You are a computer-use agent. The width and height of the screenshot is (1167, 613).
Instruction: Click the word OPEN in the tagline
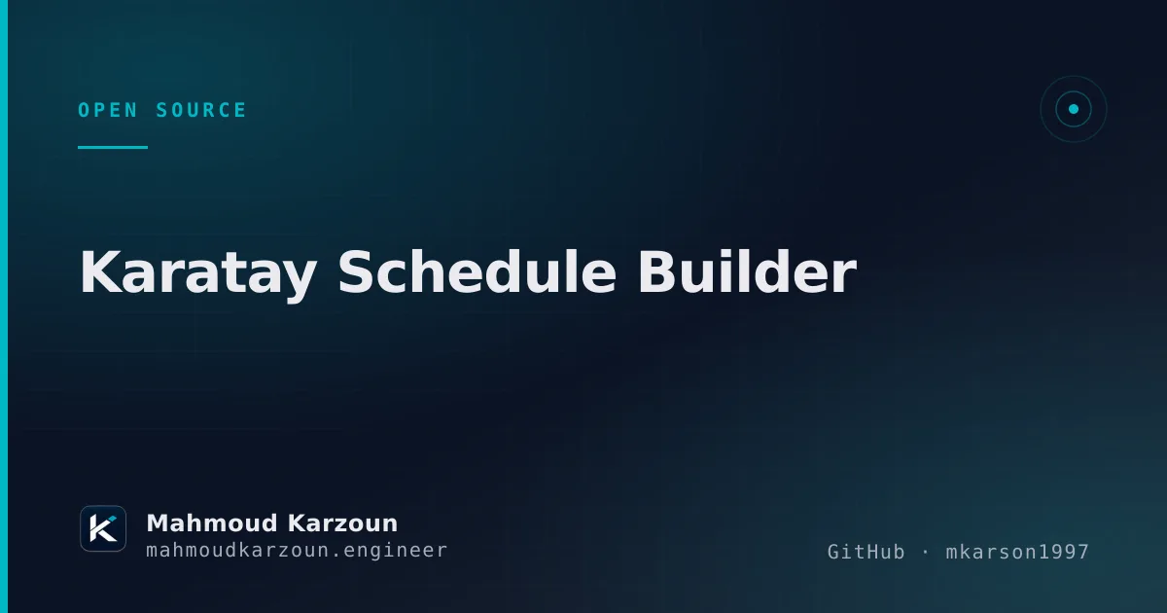pyautogui.click(x=108, y=110)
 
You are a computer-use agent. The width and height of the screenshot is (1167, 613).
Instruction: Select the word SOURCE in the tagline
pyautogui.click(x=201, y=110)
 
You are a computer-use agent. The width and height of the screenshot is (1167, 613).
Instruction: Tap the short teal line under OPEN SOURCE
pyautogui.click(x=113, y=148)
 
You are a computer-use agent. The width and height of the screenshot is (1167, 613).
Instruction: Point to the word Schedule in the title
pyautogui.click(x=477, y=271)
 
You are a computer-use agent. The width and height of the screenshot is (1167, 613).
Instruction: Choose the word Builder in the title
pyautogui.click(x=748, y=271)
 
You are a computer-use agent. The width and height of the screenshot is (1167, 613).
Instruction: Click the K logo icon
pyautogui.click(x=103, y=528)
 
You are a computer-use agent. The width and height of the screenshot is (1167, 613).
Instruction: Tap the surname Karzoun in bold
pyautogui.click(x=342, y=523)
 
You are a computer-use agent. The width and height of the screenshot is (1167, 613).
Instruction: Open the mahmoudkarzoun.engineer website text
pyautogui.click(x=297, y=551)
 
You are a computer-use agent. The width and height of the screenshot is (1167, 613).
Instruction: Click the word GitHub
pyautogui.click(x=866, y=552)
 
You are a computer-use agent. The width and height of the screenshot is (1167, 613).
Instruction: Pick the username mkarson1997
pyautogui.click(x=1017, y=552)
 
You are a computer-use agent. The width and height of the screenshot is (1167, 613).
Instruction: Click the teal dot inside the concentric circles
pyautogui.click(x=1074, y=109)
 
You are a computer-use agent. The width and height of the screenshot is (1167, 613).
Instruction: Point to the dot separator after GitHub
pyautogui.click(x=925, y=552)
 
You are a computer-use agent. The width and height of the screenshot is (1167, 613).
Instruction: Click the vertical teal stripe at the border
pyautogui.click(x=4, y=306)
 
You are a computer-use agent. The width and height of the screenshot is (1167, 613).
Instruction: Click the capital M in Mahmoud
pyautogui.click(x=159, y=523)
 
